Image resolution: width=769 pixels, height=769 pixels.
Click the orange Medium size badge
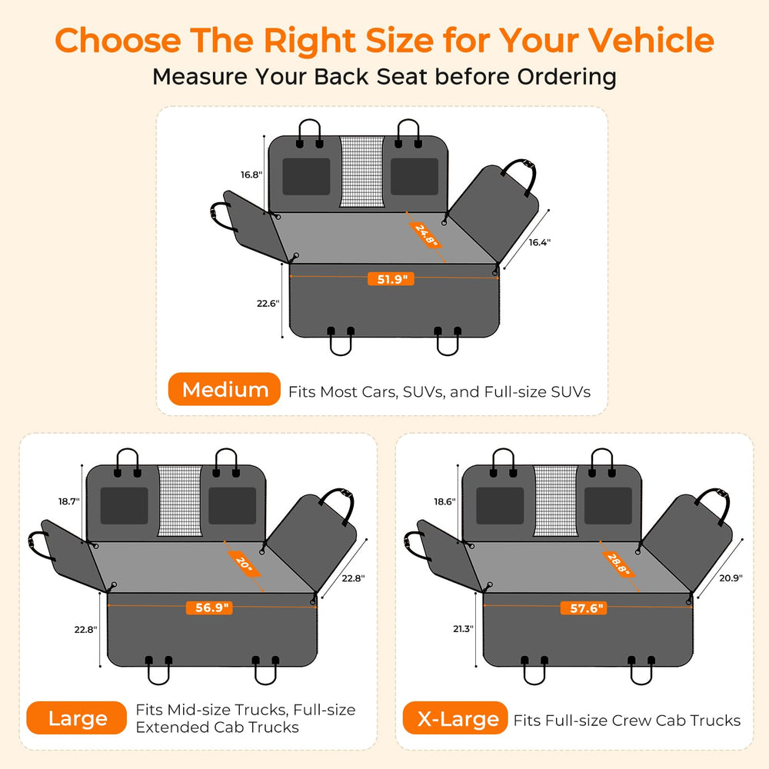[224, 389]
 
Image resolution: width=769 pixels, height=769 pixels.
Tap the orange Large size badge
[76, 718]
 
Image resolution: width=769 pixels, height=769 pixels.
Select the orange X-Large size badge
[455, 718]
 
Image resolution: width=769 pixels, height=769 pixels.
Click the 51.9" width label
[391, 279]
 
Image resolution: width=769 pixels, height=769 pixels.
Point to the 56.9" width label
[209, 608]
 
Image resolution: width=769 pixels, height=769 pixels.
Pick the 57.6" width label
[584, 608]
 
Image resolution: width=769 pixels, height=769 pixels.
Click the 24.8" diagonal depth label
[425, 235]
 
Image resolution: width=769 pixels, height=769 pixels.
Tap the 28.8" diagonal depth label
[618, 564]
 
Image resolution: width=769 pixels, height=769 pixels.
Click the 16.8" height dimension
[251, 175]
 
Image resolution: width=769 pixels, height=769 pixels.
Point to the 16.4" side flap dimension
[540, 242]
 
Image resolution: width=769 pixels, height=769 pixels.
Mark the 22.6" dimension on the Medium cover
[268, 304]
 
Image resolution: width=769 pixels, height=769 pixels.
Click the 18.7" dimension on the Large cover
[68, 501]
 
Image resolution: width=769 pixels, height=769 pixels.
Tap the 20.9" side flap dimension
[731, 578]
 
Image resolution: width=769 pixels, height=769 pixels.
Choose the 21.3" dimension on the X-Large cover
[463, 629]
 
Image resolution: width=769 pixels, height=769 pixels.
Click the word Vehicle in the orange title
[651, 40]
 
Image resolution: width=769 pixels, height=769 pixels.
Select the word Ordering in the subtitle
[567, 78]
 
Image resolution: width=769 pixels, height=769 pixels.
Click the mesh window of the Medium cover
[362, 171]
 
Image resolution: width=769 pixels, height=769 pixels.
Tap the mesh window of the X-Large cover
[555, 501]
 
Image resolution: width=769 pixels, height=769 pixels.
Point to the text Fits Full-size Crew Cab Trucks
[627, 720]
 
